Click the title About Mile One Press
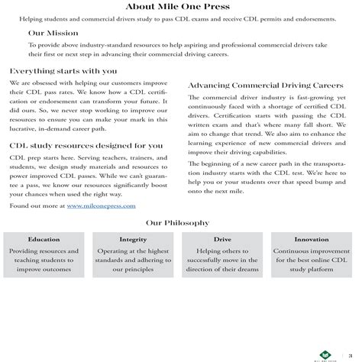point(181,7)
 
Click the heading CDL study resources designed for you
point(86,144)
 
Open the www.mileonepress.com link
point(101,206)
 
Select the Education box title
point(44,239)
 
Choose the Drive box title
point(222,239)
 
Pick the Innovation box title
point(312,239)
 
